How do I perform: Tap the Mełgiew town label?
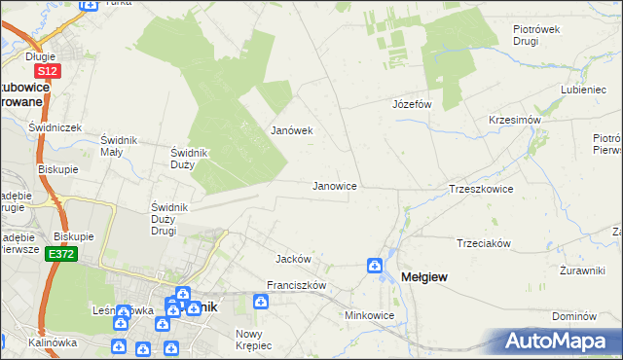[x=424, y=278]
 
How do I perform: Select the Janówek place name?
[x=290, y=130]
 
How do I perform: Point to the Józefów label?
[x=411, y=104]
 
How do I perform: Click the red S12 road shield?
[x=47, y=71]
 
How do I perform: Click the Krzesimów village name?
[x=514, y=120]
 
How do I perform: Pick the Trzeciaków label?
[x=484, y=243]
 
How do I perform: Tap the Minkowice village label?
[x=369, y=316]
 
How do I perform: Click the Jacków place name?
[x=293, y=260]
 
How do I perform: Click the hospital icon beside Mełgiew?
[x=375, y=266]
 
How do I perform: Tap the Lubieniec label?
[x=584, y=90]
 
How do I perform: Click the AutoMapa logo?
[x=561, y=342]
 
